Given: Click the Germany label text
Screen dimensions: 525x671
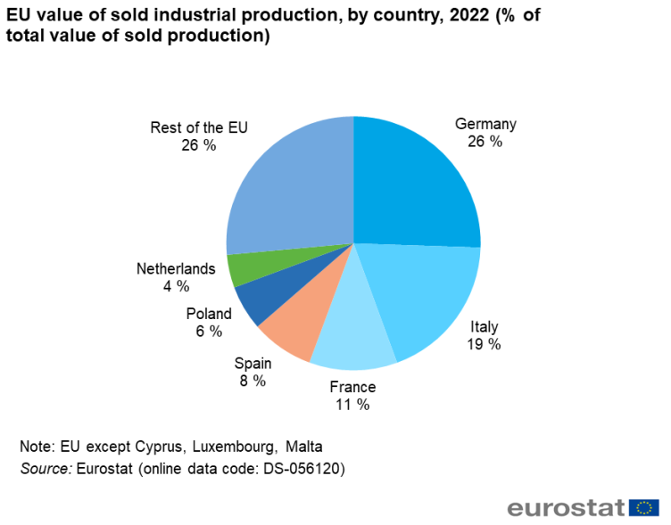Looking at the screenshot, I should coord(485,124).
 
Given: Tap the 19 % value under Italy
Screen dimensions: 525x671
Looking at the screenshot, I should coord(485,344).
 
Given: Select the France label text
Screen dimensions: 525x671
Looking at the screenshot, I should coord(352,387).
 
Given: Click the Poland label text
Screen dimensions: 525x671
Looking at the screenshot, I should coord(209,314).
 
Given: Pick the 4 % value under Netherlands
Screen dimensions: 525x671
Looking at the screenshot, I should coord(176,286).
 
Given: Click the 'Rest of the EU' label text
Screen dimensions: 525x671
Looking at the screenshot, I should coord(198,127).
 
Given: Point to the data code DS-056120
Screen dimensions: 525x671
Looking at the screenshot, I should coord(298,468).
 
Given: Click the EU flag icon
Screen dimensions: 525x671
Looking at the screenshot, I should coord(643,508).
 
